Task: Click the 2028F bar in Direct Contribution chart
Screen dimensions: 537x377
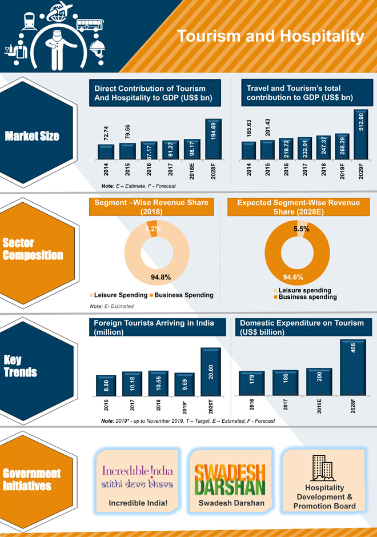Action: (x=213, y=138)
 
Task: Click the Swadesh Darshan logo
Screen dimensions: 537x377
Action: (x=230, y=478)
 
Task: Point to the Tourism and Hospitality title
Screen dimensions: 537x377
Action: (x=270, y=37)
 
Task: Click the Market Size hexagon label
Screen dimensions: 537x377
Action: (x=32, y=137)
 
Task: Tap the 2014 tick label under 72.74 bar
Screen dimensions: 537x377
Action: (x=106, y=170)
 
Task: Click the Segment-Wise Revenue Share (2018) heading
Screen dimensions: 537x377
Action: (x=152, y=207)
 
